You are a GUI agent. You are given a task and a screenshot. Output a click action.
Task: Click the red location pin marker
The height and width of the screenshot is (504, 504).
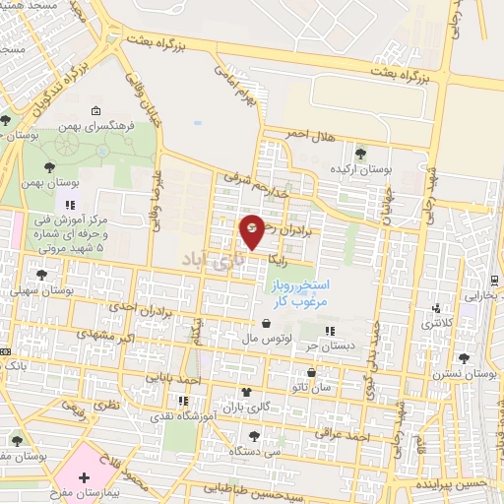(x=252, y=230)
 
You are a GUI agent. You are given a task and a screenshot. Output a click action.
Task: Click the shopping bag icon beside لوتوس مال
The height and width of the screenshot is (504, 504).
(x=267, y=322)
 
